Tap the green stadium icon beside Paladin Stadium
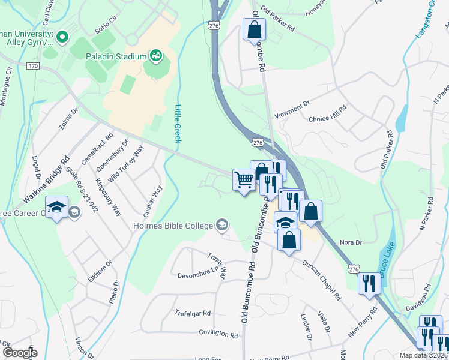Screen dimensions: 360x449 pyautogui.click(x=156, y=56)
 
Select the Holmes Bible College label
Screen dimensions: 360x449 pyautogui.click(x=173, y=226)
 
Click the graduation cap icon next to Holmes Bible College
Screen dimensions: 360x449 pyautogui.click(x=222, y=225)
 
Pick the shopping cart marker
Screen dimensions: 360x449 pyautogui.click(x=244, y=179)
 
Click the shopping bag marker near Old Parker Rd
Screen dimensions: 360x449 pyautogui.click(x=254, y=29)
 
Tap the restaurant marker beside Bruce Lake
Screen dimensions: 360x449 pyautogui.click(x=369, y=283)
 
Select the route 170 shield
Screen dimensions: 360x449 pyautogui.click(x=32, y=65)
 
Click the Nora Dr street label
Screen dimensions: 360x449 pyautogui.click(x=351, y=242)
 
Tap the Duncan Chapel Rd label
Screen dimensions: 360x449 pyautogui.click(x=321, y=280)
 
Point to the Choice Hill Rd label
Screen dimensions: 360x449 pyautogui.click(x=328, y=119)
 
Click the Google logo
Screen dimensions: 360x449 pyautogui.click(x=19, y=353)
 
